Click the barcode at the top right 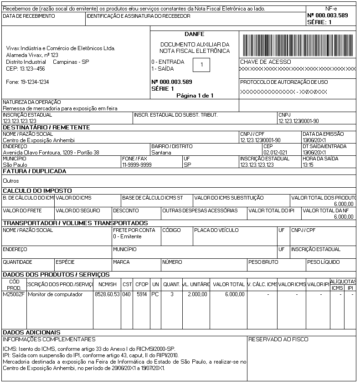(298, 45)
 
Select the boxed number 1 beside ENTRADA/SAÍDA (201, 65)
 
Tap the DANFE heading (195, 34)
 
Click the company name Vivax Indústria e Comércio (61, 48)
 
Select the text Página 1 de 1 (195, 96)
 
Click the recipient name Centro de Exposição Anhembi (39, 140)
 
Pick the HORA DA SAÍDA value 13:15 (308, 164)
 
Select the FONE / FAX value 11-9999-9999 (137, 164)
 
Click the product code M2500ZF (14, 294)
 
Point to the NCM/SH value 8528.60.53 (107, 294)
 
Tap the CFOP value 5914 (142, 294)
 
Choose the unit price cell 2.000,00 (197, 294)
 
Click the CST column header (127, 284)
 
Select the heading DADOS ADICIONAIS (32, 333)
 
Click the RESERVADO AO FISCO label (278, 339)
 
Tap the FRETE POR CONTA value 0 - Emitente (128, 236)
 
